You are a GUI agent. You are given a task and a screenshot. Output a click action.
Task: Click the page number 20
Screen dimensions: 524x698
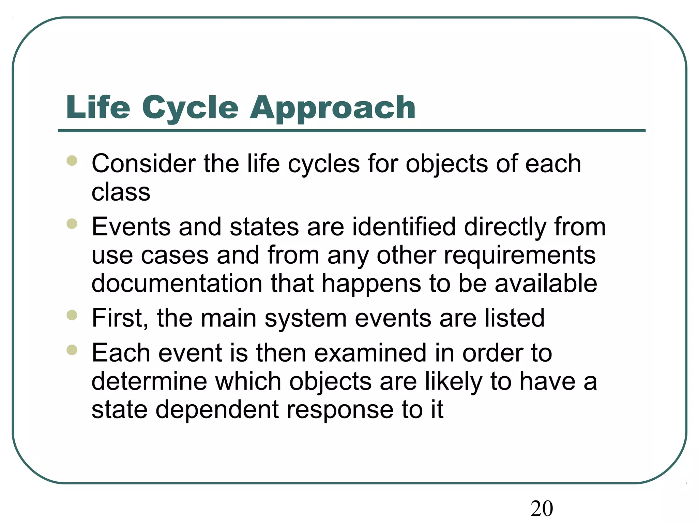tap(542, 509)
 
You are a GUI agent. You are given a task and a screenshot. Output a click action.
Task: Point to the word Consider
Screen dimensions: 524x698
tap(143, 164)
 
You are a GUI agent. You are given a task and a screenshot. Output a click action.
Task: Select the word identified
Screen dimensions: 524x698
tap(404, 227)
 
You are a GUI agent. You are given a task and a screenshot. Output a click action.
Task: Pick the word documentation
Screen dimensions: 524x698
tap(177, 283)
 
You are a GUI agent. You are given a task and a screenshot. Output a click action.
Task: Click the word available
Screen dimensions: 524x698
tap(546, 283)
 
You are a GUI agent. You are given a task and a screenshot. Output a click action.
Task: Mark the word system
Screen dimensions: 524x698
tap(306, 318)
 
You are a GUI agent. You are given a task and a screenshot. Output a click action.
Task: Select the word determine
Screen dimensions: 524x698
tap(149, 381)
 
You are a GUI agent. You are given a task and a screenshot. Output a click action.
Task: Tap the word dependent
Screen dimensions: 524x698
tap(217, 409)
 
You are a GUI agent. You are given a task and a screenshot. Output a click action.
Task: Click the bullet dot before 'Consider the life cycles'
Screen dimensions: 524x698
tap(72, 161)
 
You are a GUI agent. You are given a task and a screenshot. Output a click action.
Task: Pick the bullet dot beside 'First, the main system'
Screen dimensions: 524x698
tap(72, 315)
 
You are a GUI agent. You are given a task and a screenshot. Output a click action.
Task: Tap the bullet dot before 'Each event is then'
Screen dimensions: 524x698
tap(72, 350)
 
